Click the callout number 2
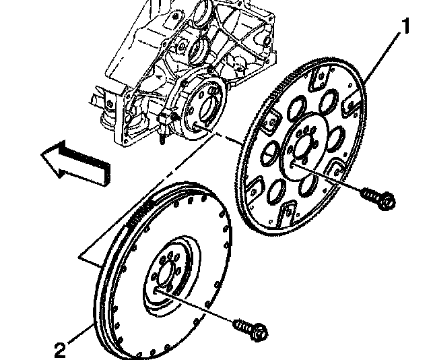pyautogui.click(x=61, y=349)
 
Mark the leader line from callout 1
pyautogui.click(x=384, y=53)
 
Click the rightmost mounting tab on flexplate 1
pyautogui.click(x=350, y=104)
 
